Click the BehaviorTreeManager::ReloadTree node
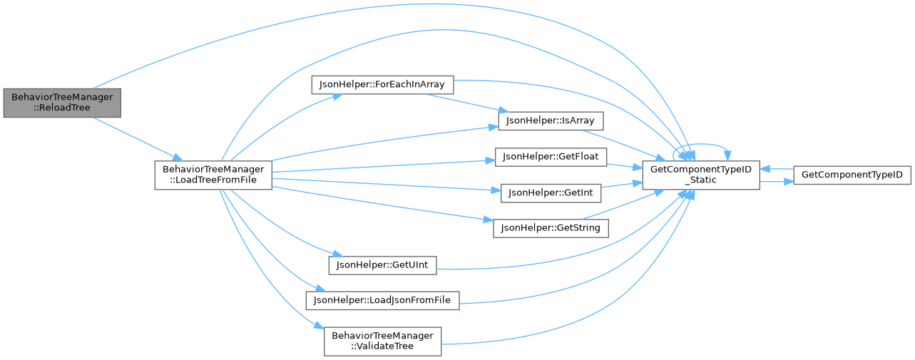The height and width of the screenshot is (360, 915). click(61, 103)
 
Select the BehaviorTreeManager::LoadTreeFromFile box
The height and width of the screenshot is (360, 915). click(213, 175)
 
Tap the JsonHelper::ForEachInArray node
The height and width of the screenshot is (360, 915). click(382, 84)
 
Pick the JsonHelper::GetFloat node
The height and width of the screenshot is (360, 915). click(551, 156)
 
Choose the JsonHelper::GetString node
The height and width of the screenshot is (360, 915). click(551, 228)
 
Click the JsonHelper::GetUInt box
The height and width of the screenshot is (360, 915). click(382, 264)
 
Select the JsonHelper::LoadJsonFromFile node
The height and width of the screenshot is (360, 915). click(382, 300)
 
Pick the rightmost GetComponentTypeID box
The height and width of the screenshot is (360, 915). click(852, 175)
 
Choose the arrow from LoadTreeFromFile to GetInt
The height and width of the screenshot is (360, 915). click(385, 185)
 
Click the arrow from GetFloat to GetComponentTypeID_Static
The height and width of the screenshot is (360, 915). click(624, 166)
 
